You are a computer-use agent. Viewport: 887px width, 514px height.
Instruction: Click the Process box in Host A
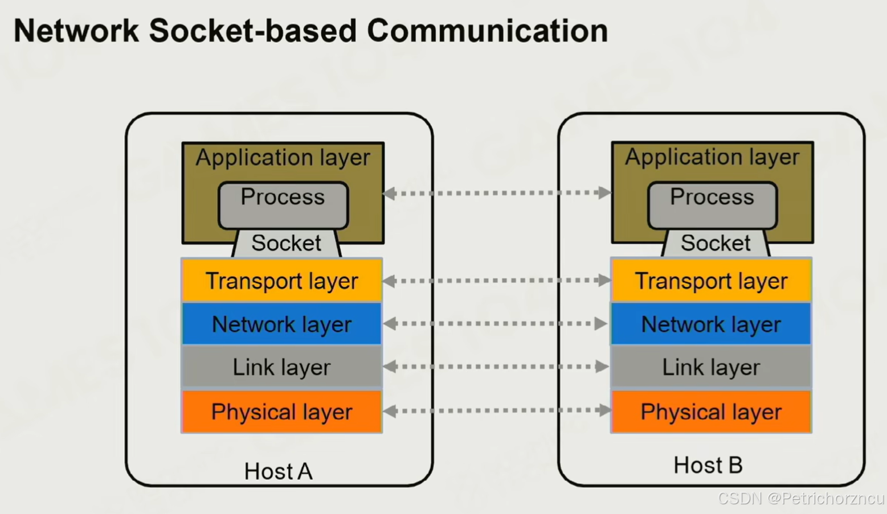[x=283, y=205]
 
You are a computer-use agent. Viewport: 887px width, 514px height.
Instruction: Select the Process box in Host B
[x=712, y=205]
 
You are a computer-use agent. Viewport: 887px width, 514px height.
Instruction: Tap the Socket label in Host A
[x=286, y=242]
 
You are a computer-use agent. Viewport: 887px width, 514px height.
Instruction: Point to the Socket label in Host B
[x=715, y=242]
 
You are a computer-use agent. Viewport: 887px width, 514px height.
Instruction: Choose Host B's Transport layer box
[x=711, y=279]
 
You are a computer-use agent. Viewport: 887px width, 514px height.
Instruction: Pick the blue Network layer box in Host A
[x=281, y=323]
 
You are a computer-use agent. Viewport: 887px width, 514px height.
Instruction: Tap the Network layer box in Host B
[x=711, y=323]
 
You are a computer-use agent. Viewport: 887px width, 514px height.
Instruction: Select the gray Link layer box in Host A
[x=281, y=367]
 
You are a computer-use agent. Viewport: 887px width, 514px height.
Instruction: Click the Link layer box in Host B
[x=711, y=367]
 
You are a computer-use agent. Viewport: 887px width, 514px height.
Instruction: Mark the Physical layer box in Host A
[x=281, y=412]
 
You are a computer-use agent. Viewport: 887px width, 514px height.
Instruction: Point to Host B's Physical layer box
[x=711, y=412]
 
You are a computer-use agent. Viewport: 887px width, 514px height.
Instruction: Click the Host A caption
[x=279, y=471]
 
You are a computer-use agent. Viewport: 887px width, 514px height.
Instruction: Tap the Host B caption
[x=708, y=465]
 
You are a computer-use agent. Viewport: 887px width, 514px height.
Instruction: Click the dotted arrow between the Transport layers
[x=497, y=281]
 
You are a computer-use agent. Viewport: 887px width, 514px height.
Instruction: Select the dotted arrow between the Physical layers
[x=497, y=411]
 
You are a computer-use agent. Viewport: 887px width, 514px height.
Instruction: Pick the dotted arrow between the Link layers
[x=497, y=367]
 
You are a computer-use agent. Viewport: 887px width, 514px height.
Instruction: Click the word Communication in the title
[x=488, y=31]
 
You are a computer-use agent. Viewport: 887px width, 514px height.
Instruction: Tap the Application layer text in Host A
[x=283, y=158]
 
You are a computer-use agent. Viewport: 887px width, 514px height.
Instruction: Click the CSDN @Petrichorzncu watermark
[x=801, y=498]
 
